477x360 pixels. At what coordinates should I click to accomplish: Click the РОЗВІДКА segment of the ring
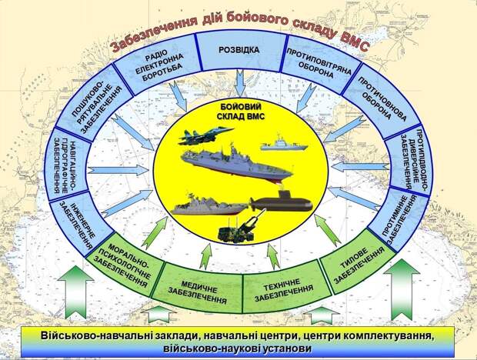point(240,52)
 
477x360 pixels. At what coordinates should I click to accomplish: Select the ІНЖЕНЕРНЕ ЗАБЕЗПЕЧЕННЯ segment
point(82,224)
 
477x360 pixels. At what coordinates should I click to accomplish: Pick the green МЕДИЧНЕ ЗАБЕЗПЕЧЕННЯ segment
point(198,292)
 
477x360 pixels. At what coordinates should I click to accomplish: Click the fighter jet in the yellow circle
point(205,135)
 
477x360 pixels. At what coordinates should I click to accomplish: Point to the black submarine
point(281,202)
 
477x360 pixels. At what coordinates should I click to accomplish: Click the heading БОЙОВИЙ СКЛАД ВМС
point(240,112)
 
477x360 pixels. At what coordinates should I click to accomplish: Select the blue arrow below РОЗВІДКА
point(240,83)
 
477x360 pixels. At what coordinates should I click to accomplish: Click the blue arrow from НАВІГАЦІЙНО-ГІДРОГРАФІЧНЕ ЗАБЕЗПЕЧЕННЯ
point(118,170)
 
